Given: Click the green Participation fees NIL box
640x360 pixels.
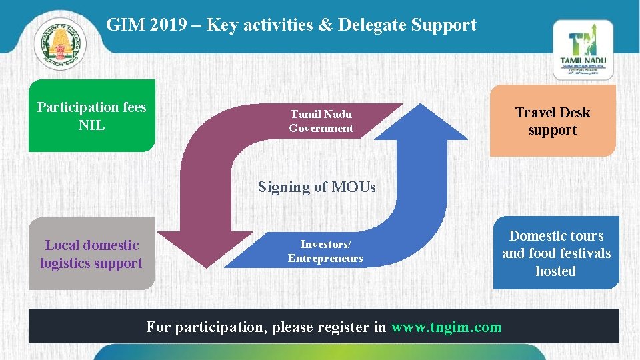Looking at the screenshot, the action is (92, 116).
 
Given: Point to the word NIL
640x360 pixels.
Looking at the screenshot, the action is (92, 125).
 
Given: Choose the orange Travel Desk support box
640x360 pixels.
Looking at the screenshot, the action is (553, 121).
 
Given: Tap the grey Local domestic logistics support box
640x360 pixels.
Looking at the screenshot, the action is (91, 254).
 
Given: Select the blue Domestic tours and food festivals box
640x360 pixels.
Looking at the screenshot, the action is (556, 253).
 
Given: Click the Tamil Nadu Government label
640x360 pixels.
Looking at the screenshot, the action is (321, 121).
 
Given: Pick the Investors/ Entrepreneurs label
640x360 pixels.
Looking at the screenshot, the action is (325, 251).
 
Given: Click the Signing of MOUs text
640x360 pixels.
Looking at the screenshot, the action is (317, 187).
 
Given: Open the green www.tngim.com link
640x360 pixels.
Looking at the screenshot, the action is (446, 327).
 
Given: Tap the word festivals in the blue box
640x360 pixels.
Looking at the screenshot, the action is (583, 253).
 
